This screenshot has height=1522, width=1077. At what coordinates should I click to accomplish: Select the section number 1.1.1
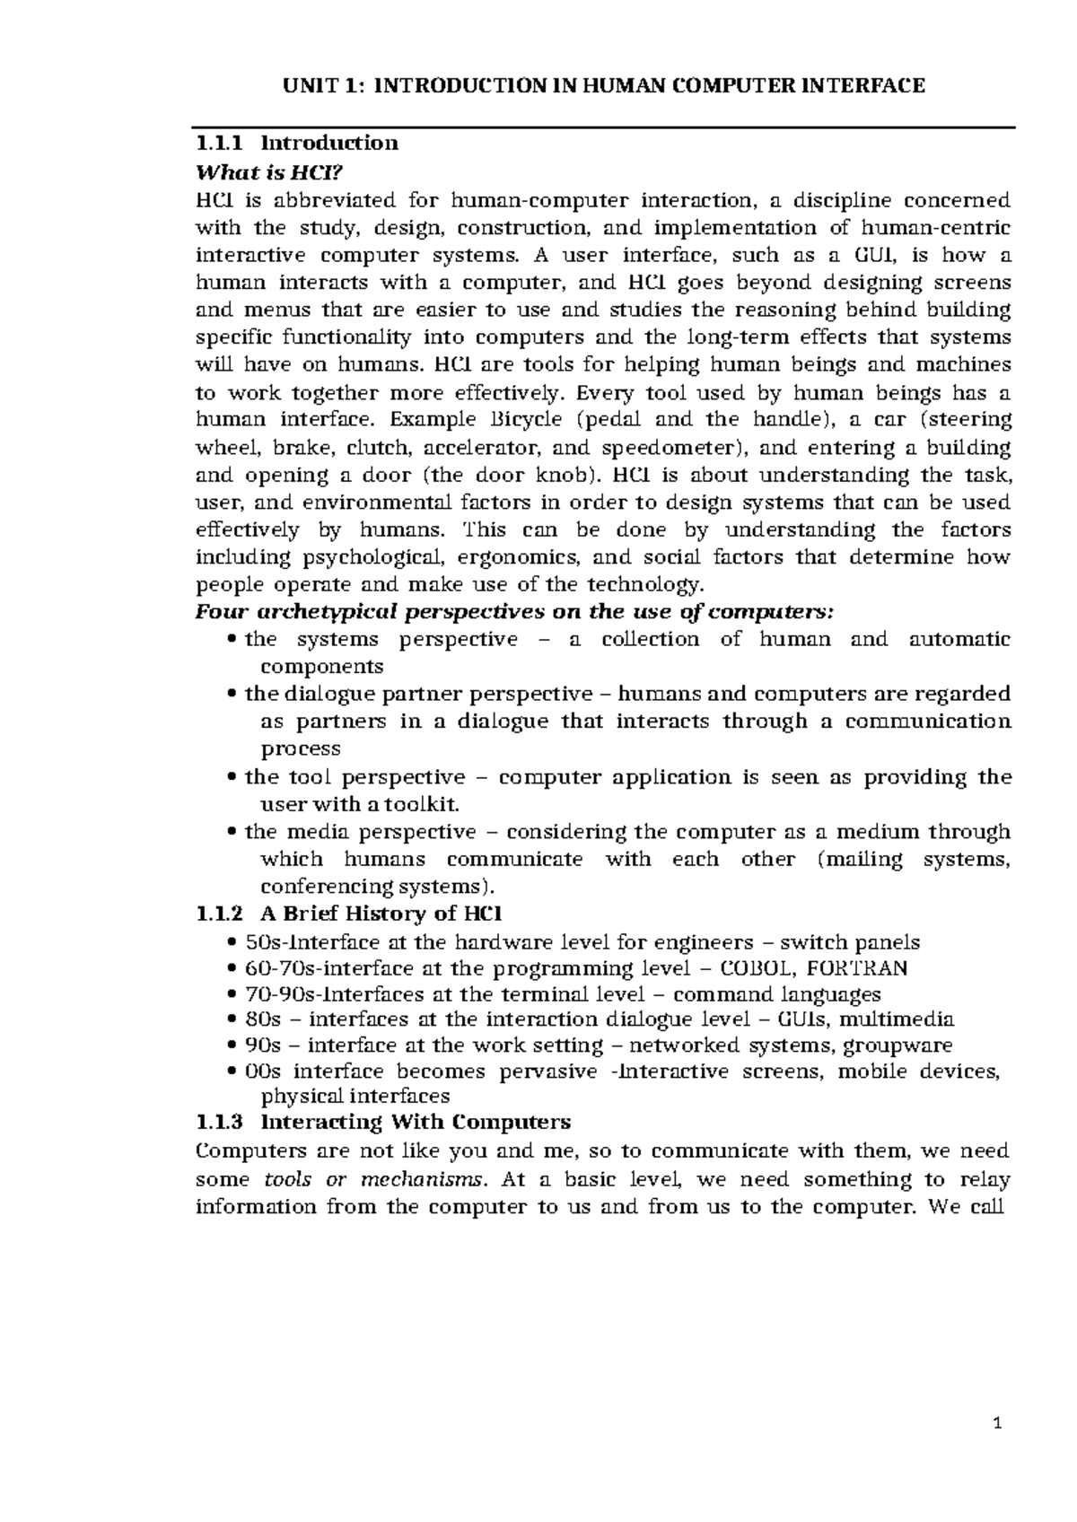click(x=219, y=143)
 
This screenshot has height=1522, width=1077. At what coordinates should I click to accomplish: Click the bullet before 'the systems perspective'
click(x=233, y=640)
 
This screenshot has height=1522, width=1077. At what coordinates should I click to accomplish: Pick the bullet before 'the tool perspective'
click(x=233, y=778)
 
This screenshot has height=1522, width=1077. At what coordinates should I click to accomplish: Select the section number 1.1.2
click(x=219, y=914)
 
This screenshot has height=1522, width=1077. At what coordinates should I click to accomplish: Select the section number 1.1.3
click(x=219, y=1123)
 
